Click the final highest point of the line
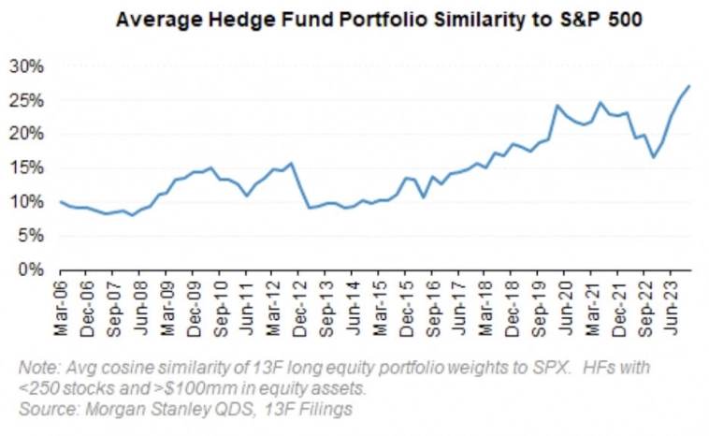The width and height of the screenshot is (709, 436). tap(689, 86)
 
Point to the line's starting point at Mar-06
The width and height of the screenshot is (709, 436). tap(61, 202)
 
